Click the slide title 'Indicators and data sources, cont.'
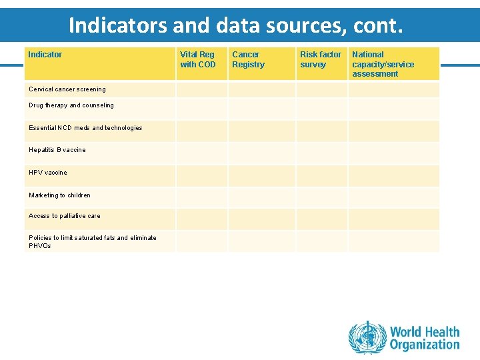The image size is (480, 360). [236, 25]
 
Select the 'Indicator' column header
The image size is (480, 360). [45, 55]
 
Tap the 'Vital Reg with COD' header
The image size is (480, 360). [198, 59]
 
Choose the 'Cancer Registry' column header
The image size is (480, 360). [248, 59]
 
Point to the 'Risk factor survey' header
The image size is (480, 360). [320, 59]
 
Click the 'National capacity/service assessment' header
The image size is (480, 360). [383, 64]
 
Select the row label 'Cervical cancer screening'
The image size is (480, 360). [67, 89]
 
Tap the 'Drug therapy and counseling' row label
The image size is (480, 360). [71, 105]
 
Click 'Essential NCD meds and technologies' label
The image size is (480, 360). [85, 128]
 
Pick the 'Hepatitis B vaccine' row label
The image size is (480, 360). [57, 150]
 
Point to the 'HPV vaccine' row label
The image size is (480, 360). [48, 173]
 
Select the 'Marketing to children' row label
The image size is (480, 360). [59, 195]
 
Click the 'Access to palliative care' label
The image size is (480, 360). [64, 216]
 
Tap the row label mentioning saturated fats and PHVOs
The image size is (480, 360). [92, 241]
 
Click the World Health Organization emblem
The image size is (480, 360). [367, 337]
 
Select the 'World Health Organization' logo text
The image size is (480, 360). [425, 338]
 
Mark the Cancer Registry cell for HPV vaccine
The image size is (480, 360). [261, 176]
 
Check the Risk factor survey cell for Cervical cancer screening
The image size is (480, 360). [321, 90]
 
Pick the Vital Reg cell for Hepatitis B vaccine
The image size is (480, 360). [201, 153]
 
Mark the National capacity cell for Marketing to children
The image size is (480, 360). [393, 197]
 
